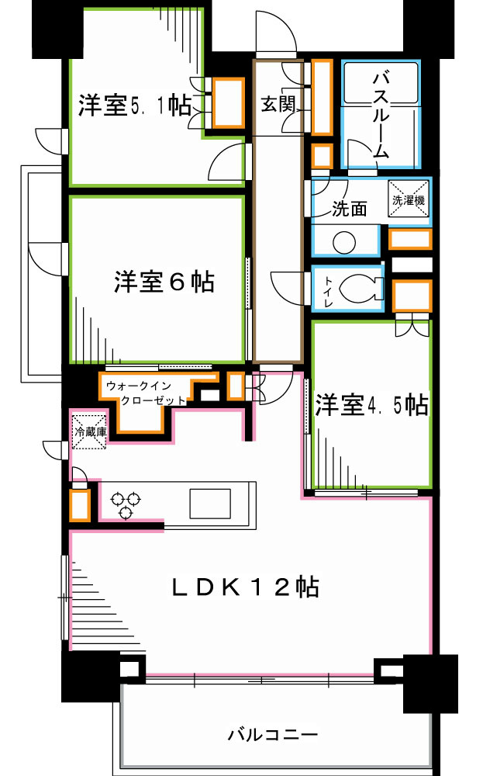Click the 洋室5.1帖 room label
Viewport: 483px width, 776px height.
(x=134, y=105)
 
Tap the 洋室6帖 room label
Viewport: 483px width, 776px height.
(x=164, y=282)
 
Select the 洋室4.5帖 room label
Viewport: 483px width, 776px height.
(x=371, y=405)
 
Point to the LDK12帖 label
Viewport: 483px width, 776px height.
(x=244, y=587)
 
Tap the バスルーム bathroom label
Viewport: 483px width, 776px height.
(x=380, y=115)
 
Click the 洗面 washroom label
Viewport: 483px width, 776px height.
(x=349, y=210)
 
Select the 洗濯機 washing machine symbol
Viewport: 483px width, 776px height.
(x=408, y=199)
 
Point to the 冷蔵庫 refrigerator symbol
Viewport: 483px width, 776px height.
(x=88, y=431)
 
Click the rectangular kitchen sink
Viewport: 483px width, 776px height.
(x=210, y=502)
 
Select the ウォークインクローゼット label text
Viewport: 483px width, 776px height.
(x=147, y=393)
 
